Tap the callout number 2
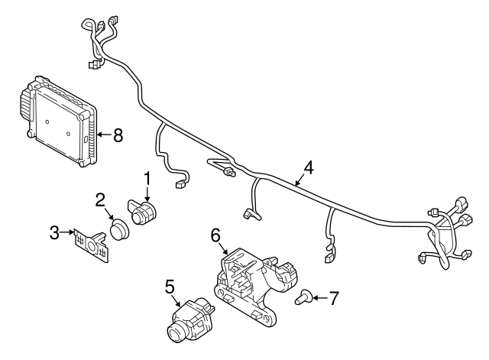100,200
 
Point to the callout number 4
308,167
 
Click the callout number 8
118,135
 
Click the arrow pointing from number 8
105,135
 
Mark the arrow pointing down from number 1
147,193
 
